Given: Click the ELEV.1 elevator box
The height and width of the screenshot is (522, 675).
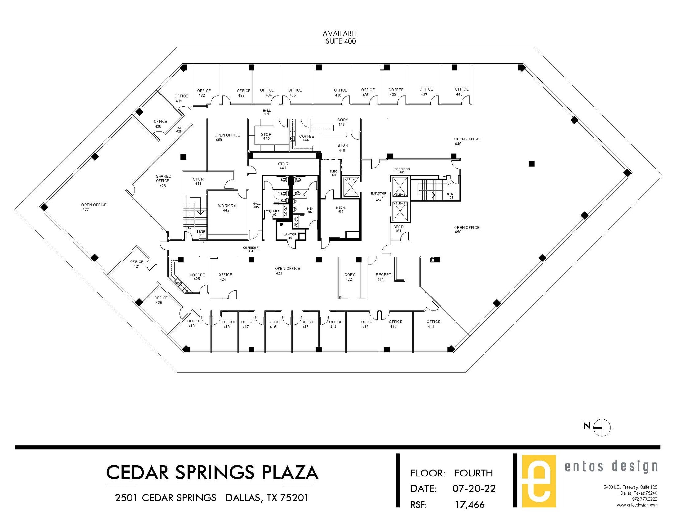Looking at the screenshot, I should pyautogui.click(x=351, y=187).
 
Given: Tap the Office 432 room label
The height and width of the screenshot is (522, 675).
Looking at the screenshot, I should pyautogui.click(x=203, y=93).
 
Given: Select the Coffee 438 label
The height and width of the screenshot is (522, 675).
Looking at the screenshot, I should pyautogui.click(x=396, y=92).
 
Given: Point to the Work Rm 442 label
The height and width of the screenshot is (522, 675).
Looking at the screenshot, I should pyautogui.click(x=227, y=208).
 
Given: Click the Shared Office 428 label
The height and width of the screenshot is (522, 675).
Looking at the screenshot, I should pyautogui.click(x=163, y=181).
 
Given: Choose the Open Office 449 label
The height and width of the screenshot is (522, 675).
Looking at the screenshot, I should pyautogui.click(x=466, y=141).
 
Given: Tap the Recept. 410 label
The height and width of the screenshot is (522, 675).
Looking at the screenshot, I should pyautogui.click(x=383, y=277).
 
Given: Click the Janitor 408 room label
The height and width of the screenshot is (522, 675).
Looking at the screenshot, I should pyautogui.click(x=290, y=236).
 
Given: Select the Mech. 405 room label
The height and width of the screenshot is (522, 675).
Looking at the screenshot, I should pyautogui.click(x=341, y=209).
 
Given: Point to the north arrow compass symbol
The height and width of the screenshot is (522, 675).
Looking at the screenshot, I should pyautogui.click(x=602, y=428).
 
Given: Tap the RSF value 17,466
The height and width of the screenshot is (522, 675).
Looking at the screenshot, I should pyautogui.click(x=470, y=505).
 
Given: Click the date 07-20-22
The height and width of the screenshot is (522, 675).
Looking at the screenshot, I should pyautogui.click(x=474, y=488).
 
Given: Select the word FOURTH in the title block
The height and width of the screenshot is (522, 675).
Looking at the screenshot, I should pyautogui.click(x=473, y=473).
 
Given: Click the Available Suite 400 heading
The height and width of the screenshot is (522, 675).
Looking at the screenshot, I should pyautogui.click(x=340, y=37).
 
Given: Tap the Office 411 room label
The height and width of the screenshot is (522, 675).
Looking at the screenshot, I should pyautogui.click(x=433, y=324).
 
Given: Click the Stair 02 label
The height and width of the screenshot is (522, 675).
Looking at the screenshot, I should pyautogui.click(x=451, y=196).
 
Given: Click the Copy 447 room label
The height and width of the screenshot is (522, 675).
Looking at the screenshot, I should pyautogui.click(x=342, y=122).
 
